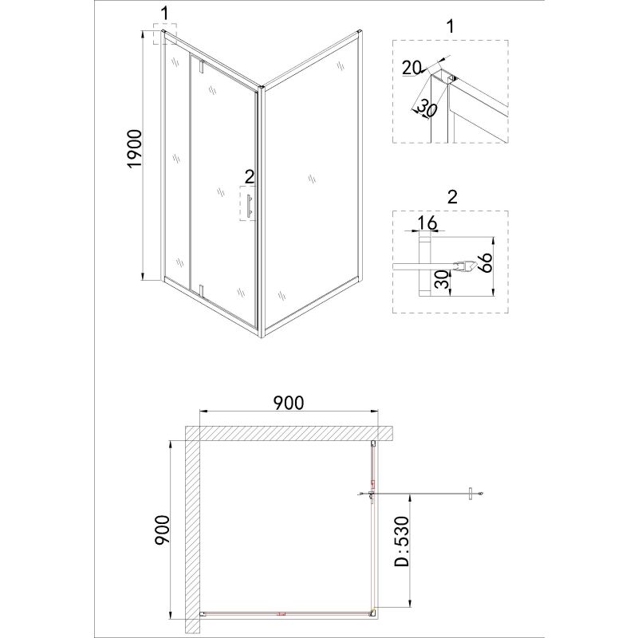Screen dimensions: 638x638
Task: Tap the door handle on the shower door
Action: pyautogui.click(x=250, y=206)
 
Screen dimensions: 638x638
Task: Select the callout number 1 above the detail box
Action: pyautogui.click(x=451, y=25)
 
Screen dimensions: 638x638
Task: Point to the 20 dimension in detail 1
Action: pyautogui.click(x=412, y=69)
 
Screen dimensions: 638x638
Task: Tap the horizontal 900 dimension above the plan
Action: pyautogui.click(x=288, y=403)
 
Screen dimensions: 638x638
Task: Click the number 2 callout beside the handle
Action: pyautogui.click(x=249, y=176)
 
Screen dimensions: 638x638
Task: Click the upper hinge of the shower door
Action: pyautogui.click(x=203, y=67)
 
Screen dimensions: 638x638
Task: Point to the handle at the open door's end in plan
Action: pyautogui.click(x=472, y=495)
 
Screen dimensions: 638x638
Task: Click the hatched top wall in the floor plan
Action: pyautogui.click(x=291, y=433)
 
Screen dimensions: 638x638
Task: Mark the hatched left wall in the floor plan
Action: pyautogui.click(x=192, y=526)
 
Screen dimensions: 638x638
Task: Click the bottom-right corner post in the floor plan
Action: pyautogui.click(x=373, y=613)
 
